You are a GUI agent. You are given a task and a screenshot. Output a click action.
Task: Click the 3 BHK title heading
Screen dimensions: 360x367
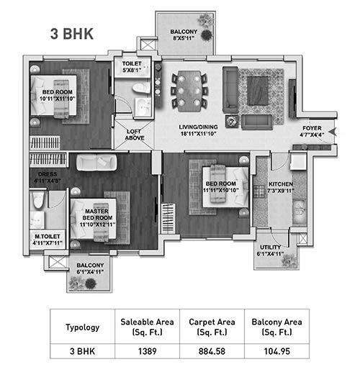(x=72, y=34)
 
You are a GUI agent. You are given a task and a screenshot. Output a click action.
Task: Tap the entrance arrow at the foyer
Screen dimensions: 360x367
(x=333, y=132)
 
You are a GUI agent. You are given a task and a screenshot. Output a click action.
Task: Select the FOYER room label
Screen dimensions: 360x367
(x=312, y=128)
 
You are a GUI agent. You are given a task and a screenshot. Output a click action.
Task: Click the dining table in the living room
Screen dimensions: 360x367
(x=189, y=91)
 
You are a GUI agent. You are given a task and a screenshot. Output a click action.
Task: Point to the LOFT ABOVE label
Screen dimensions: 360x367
(x=135, y=135)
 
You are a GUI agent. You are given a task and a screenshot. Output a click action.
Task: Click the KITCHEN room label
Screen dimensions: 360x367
(x=281, y=184)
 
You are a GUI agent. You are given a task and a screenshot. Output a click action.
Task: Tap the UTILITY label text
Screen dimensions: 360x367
(x=270, y=247)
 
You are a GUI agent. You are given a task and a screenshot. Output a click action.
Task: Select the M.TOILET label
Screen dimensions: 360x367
(x=48, y=237)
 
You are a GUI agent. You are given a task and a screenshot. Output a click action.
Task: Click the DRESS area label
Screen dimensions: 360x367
(x=48, y=174)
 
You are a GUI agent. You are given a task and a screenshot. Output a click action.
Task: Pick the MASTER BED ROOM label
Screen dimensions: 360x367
(x=97, y=214)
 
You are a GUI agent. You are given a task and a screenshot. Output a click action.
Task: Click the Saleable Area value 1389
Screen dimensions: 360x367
(x=147, y=351)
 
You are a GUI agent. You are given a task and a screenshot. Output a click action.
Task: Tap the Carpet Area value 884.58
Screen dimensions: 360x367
(x=212, y=351)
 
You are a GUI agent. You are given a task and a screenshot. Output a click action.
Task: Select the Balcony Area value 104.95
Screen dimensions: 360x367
(x=277, y=351)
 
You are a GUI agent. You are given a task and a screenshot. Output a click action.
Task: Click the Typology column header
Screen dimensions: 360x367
(x=83, y=327)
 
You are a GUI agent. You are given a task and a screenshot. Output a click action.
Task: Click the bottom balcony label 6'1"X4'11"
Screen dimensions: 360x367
(x=90, y=272)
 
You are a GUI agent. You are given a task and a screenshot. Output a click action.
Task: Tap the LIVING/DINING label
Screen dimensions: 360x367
(x=198, y=127)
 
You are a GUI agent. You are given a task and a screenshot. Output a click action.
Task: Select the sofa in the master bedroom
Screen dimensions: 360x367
(x=96, y=162)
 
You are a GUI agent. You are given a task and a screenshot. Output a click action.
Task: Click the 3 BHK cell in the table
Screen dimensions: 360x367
(x=82, y=351)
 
